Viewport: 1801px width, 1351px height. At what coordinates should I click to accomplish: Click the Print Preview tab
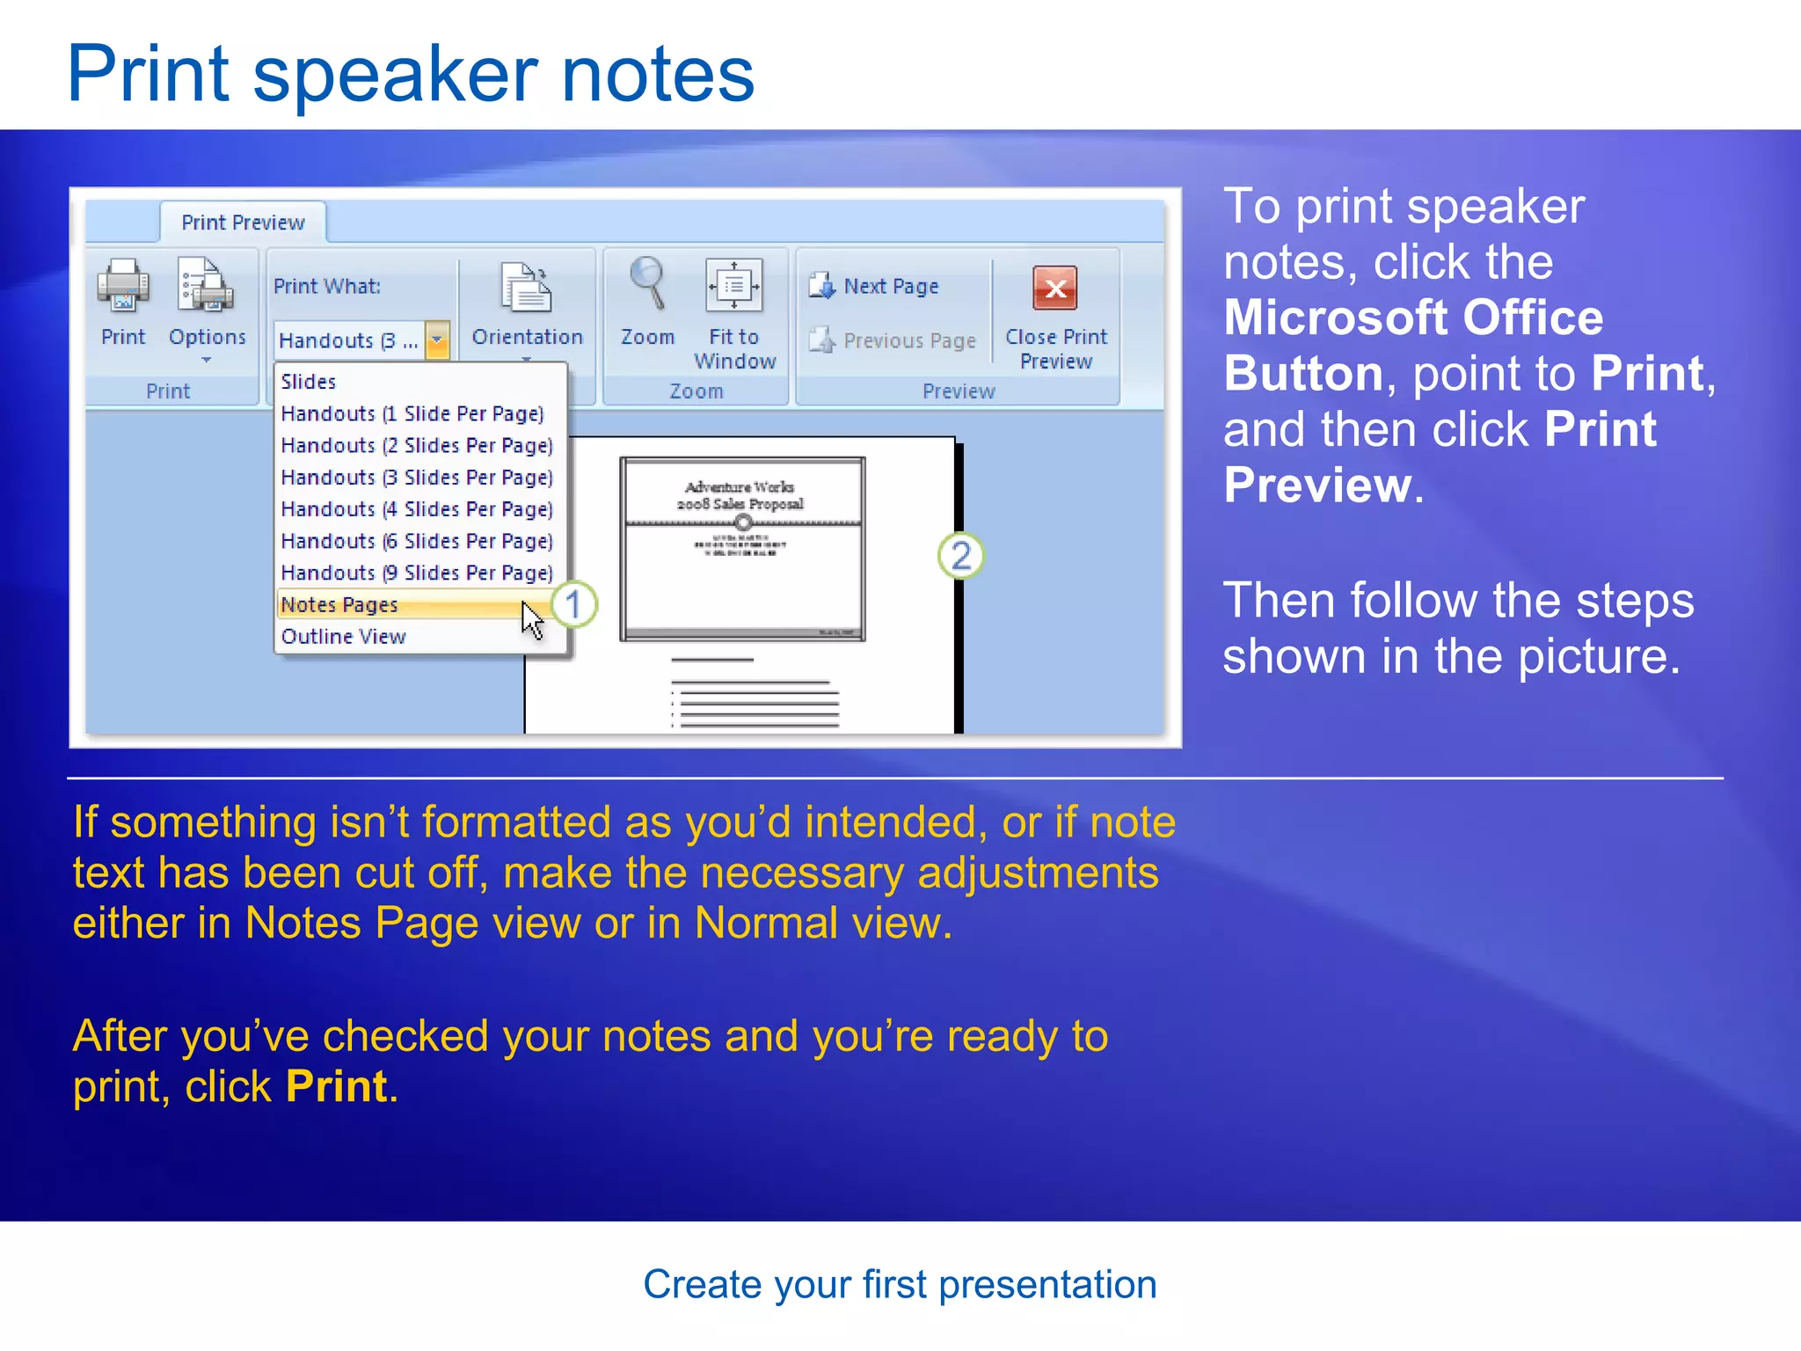243,223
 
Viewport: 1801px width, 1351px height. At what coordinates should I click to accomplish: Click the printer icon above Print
123,286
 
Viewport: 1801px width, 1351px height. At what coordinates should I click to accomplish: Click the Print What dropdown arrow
437,340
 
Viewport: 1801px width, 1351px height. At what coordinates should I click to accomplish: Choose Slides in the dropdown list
309,382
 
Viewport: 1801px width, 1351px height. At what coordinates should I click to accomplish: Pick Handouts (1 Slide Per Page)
412,413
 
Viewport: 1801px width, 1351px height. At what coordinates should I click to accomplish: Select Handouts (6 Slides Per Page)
417,541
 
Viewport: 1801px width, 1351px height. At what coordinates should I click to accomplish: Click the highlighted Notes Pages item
340,605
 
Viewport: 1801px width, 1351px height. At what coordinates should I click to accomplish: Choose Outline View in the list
344,637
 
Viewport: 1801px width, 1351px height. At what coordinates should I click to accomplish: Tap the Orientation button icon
526,288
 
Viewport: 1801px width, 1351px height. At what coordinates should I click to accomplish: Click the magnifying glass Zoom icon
648,283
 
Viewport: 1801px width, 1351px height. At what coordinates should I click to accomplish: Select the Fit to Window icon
733,285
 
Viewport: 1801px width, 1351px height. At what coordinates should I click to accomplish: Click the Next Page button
876,287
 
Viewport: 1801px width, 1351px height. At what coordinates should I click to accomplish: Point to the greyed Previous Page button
893,340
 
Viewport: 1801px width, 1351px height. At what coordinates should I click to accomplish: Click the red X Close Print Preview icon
1055,288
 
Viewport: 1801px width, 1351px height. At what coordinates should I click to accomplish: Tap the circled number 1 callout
573,604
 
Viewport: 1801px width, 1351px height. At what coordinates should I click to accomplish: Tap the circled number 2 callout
960,556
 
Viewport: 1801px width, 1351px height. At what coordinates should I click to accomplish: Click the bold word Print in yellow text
337,1087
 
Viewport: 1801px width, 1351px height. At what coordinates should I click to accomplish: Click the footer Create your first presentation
900,1284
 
